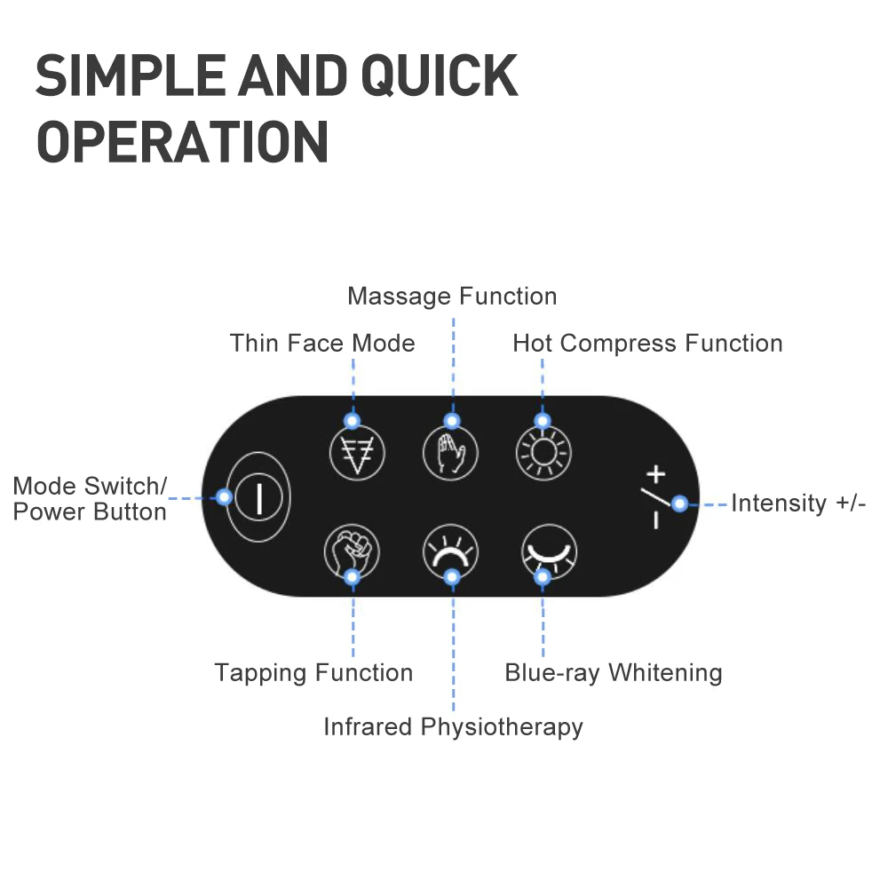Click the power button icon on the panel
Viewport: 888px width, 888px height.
(x=259, y=496)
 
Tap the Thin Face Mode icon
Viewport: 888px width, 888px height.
(x=357, y=454)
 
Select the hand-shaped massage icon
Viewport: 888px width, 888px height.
(x=450, y=454)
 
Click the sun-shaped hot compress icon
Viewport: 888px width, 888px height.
(x=543, y=454)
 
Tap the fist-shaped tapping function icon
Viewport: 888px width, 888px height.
(x=352, y=552)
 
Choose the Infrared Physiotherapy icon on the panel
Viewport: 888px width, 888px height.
(x=450, y=552)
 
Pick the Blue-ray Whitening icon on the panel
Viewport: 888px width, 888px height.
(x=549, y=552)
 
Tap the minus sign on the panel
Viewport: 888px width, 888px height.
(x=655, y=520)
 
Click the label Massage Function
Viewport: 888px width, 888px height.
(x=452, y=296)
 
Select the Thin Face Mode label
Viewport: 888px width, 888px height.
(x=322, y=343)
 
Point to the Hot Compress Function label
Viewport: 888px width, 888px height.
(x=647, y=343)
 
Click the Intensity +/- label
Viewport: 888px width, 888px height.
(x=798, y=503)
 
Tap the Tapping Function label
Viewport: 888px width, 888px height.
(x=313, y=673)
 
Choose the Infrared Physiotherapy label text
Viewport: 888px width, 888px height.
(x=453, y=726)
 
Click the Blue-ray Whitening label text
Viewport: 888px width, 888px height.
(x=613, y=673)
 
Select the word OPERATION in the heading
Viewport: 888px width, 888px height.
(x=183, y=141)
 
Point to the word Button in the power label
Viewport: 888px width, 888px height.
(x=131, y=512)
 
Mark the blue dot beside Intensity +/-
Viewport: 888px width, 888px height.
(x=679, y=503)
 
